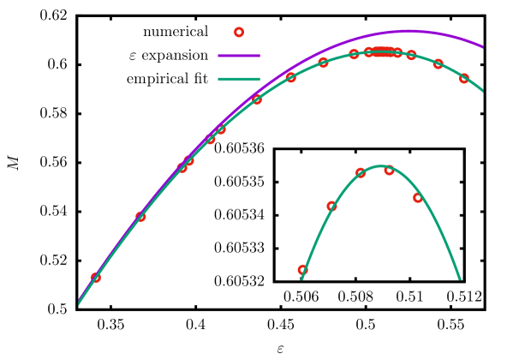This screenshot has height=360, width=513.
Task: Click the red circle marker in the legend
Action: click(239, 33)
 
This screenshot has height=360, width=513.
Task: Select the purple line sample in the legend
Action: click(239, 56)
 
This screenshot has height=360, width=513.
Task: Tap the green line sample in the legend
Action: click(239, 80)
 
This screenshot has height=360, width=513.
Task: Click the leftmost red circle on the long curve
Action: click(95, 277)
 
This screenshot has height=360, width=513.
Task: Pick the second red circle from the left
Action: click(140, 216)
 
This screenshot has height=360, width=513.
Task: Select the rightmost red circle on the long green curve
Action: click(464, 78)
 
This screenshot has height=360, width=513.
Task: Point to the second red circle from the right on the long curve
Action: click(438, 63)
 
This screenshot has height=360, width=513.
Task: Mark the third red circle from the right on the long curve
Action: click(411, 55)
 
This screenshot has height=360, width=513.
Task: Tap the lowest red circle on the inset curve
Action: click(302, 269)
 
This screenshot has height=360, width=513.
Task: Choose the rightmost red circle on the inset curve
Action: click(418, 197)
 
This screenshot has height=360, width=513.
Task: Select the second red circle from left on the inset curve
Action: click(331, 206)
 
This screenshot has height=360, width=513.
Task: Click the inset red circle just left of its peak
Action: click(361, 172)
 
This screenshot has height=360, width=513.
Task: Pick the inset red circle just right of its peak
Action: click(389, 170)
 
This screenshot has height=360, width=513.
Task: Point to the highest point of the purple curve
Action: click(408, 32)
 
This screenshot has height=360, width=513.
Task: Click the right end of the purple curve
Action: click(482, 46)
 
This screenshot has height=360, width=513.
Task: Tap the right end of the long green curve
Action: click(482, 90)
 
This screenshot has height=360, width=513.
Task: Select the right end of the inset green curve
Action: click(460, 279)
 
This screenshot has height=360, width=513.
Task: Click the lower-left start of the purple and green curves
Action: click(80, 301)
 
